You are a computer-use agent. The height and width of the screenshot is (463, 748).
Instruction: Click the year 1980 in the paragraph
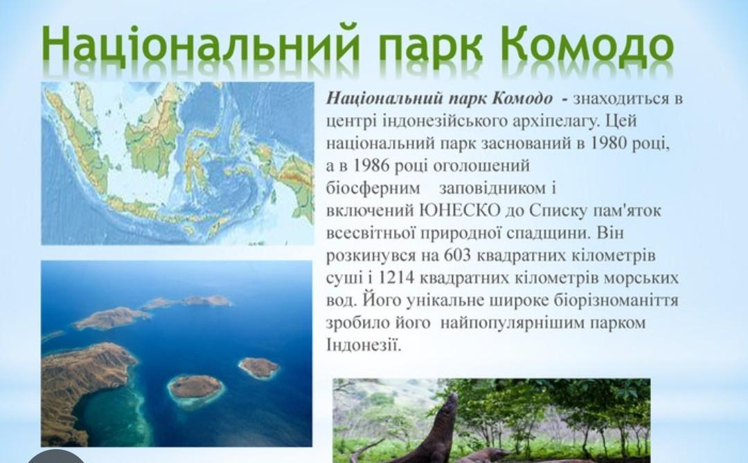coord(608,143)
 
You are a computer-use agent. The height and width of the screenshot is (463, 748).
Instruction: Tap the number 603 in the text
coord(457,255)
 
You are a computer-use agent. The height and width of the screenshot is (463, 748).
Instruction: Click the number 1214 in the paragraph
coord(397,278)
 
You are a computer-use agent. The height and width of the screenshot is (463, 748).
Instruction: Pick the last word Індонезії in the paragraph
coord(364,345)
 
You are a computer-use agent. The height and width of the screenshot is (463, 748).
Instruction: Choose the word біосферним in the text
coord(373,188)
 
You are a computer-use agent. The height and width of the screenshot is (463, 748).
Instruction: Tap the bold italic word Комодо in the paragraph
coord(522,98)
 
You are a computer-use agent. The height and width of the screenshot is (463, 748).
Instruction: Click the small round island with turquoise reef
coord(195,389)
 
